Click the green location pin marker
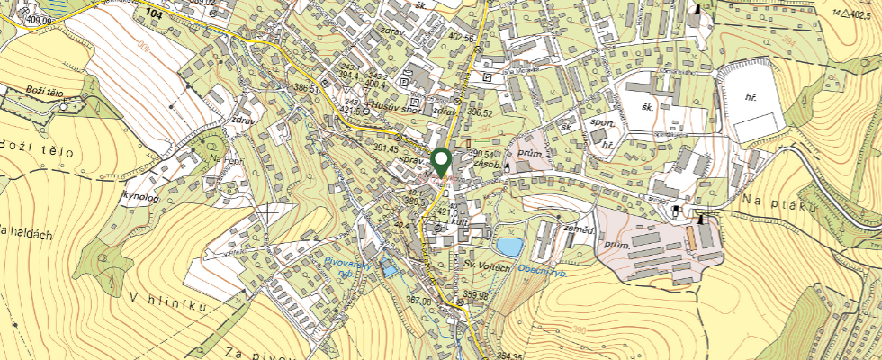click(x=441, y=162)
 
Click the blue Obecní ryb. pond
click(x=508, y=246)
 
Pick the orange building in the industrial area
click(x=691, y=238)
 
